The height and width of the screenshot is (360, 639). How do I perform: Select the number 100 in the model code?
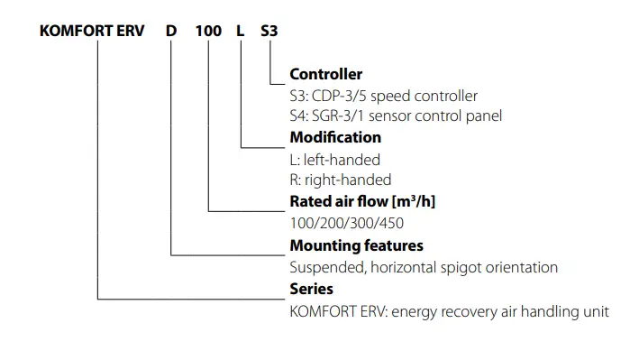pyautogui.click(x=208, y=30)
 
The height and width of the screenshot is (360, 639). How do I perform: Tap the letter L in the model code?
pyautogui.click(x=241, y=30)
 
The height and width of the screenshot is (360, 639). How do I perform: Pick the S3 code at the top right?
pyautogui.click(x=269, y=30)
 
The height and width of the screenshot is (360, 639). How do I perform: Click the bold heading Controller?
pyautogui.click(x=326, y=74)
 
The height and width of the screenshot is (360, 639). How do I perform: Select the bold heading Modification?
pyautogui.click(x=335, y=137)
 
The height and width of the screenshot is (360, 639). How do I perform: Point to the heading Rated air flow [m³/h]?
pyautogui.click(x=362, y=200)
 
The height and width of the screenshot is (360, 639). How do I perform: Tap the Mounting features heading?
pyautogui.click(x=356, y=245)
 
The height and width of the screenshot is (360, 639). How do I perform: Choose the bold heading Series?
pyautogui.click(x=311, y=290)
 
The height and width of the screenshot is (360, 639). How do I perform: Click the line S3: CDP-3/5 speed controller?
pyautogui.click(x=383, y=96)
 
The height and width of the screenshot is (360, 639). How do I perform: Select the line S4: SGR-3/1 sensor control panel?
pyautogui.click(x=396, y=115)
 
